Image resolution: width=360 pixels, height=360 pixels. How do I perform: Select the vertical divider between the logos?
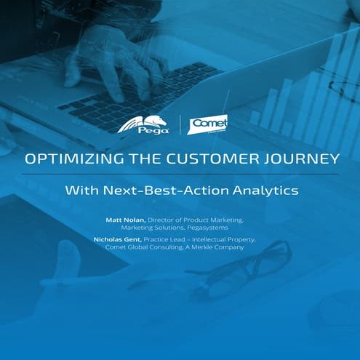pos(180,124)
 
